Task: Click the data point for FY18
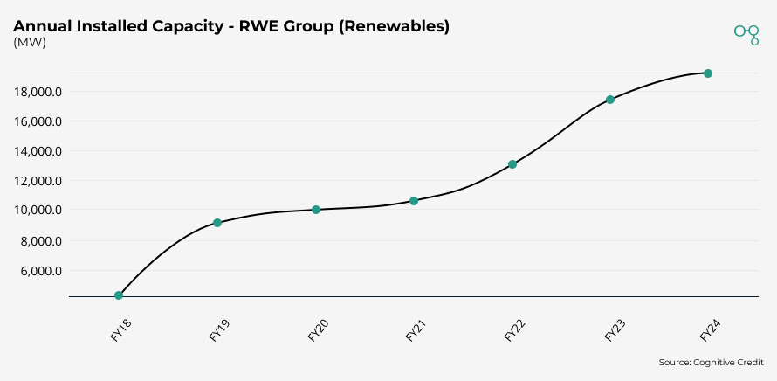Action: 119,295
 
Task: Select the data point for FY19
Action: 217,223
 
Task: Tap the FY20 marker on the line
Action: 316,210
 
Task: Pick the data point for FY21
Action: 414,201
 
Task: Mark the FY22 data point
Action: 512,164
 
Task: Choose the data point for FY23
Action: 610,100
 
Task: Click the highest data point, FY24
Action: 708,73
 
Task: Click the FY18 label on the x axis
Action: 121,331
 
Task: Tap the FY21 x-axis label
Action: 416,331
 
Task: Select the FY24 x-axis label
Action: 711,331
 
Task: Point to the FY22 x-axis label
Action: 515,331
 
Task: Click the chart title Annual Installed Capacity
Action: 230,26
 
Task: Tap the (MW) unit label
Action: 30,42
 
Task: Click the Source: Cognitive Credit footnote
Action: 711,362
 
